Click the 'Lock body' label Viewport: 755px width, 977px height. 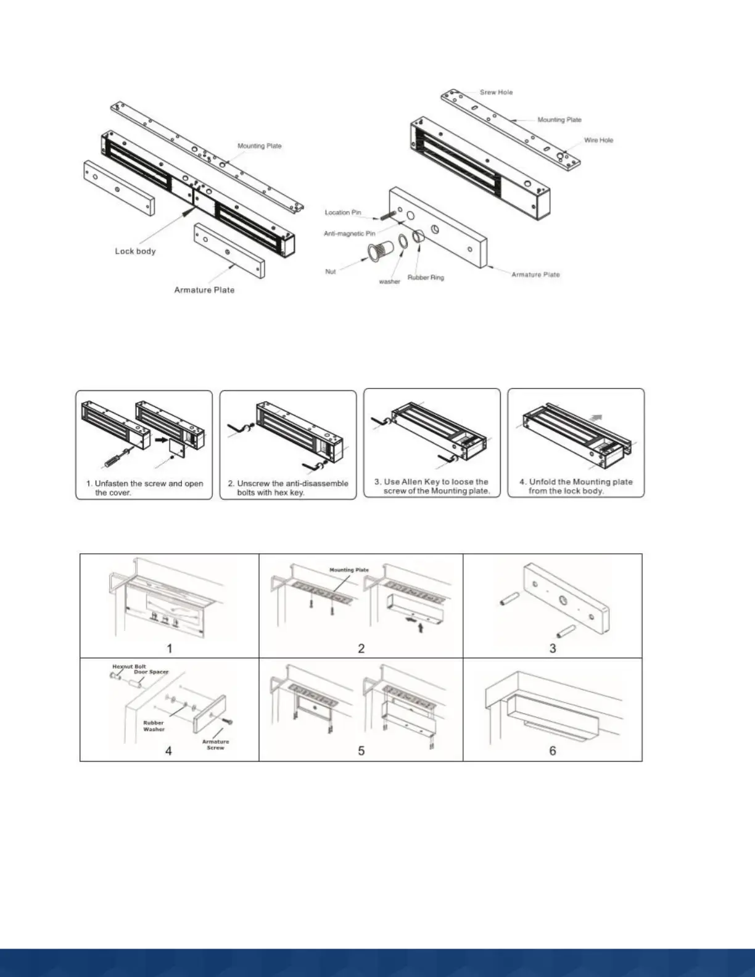pos(135,251)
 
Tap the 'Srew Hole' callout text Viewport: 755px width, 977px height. pos(496,93)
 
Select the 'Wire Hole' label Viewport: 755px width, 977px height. pos(598,141)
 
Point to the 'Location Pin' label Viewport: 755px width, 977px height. pos(343,213)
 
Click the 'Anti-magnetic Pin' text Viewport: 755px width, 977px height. pos(349,234)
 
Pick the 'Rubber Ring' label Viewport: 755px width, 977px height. pos(426,278)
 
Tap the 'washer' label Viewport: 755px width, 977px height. pos(389,282)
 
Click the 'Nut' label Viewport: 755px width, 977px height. pos(331,271)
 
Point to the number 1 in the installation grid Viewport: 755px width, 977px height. pos(170,648)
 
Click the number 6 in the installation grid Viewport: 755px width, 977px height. pos(553,751)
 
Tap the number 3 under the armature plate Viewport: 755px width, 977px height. pos(553,648)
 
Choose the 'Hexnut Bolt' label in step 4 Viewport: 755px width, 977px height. pos(129,667)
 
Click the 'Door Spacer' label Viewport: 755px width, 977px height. pos(151,672)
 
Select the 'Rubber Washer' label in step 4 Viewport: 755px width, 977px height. pos(154,726)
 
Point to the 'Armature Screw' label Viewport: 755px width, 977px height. pos(215,744)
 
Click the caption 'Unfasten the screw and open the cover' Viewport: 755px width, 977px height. pos(144,488)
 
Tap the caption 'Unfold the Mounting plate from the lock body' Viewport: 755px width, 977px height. pos(576,486)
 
